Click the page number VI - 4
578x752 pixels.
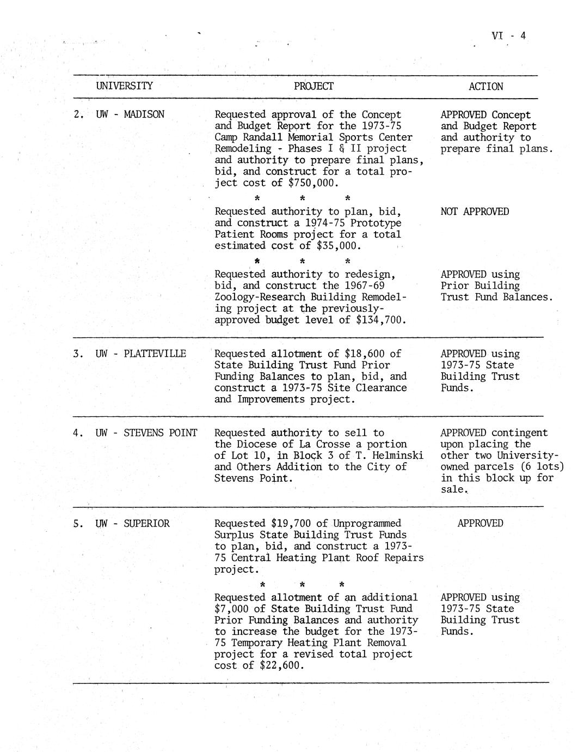tap(508, 36)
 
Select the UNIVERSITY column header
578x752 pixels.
tap(124, 86)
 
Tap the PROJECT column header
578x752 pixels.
tap(313, 86)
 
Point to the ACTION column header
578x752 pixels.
tap(485, 87)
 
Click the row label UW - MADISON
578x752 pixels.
tap(130, 114)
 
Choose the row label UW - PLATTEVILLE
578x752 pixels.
tap(140, 354)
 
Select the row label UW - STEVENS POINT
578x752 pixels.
tap(146, 433)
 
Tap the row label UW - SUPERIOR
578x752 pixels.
tap(132, 524)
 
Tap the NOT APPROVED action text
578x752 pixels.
tap(475, 211)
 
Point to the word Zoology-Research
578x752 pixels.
tap(260, 297)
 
